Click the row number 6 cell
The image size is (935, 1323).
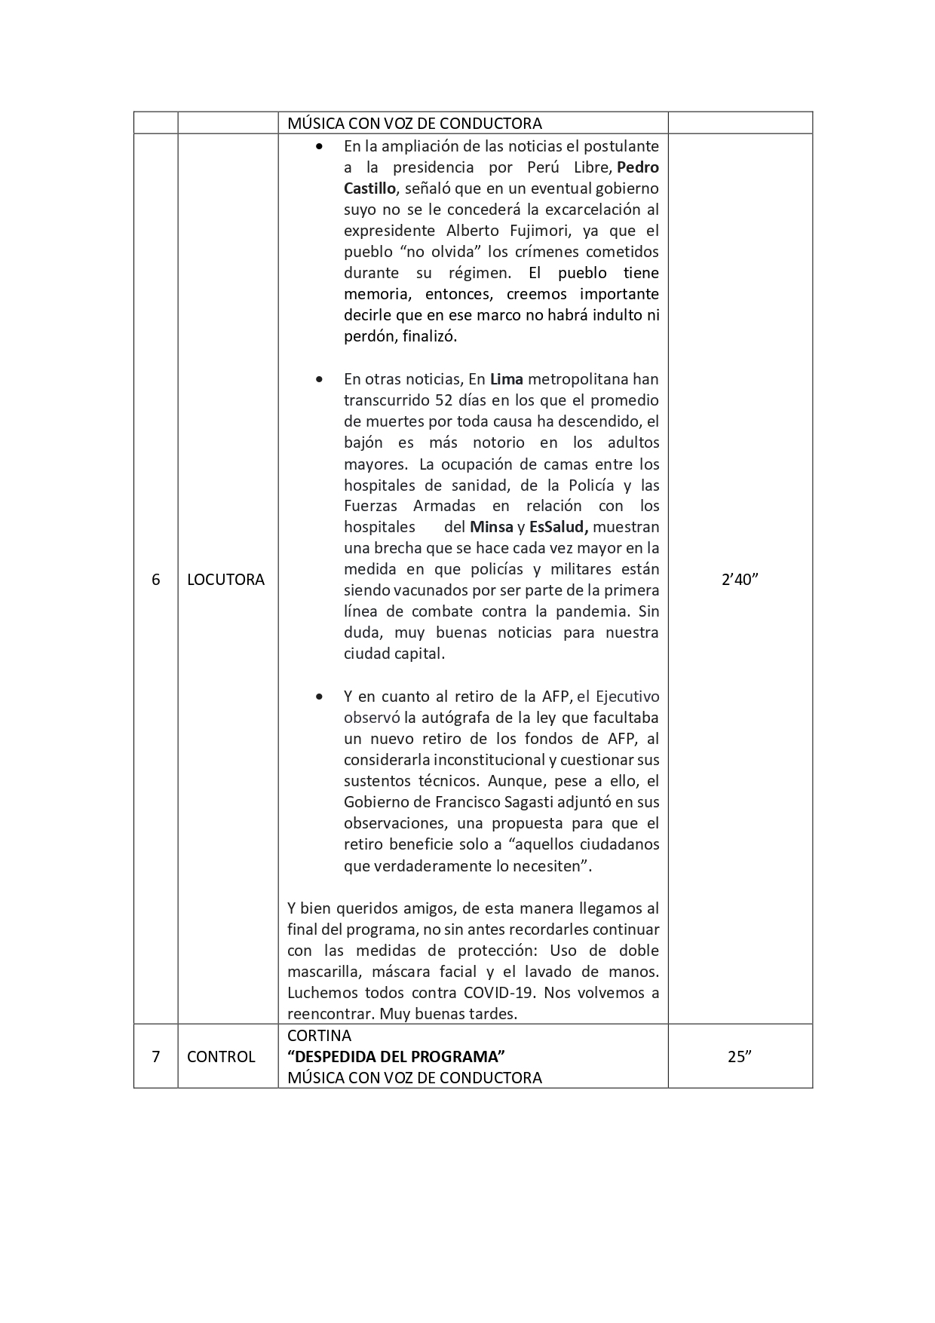tap(156, 580)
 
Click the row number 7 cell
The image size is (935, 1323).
tap(156, 1056)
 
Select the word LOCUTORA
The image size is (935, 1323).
tap(225, 580)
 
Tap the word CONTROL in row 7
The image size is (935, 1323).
tap(221, 1056)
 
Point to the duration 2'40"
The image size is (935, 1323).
tap(740, 580)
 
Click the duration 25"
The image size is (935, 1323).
tap(740, 1056)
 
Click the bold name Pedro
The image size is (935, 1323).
tap(638, 167)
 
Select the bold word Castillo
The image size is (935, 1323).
tap(369, 188)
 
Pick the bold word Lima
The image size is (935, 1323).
tap(507, 379)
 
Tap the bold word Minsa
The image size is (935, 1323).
tap(491, 527)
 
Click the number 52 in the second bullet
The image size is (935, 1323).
tap(446, 400)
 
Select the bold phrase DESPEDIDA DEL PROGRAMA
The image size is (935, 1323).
tap(396, 1056)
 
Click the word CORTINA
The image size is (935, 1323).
tap(319, 1035)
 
